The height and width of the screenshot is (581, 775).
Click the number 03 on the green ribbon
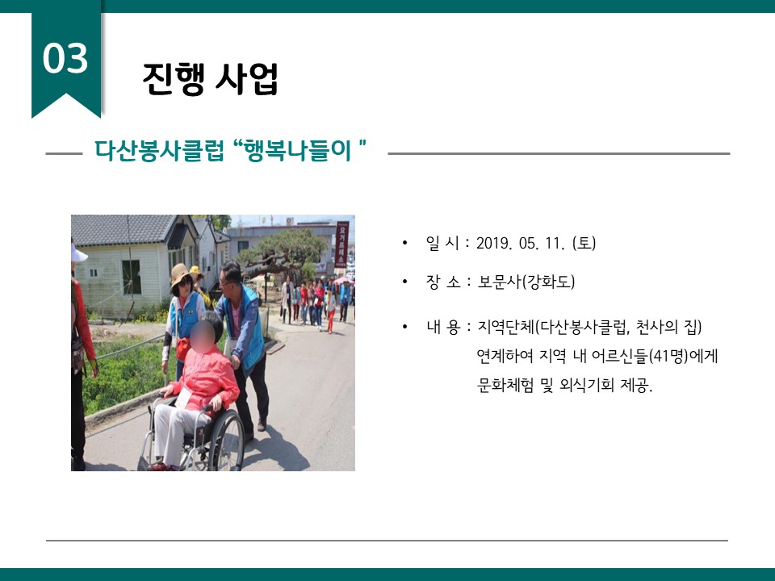(x=65, y=58)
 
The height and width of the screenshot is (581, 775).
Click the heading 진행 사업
(x=210, y=78)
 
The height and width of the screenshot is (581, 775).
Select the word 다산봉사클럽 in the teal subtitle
(x=159, y=150)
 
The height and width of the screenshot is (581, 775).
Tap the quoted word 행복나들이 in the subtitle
(x=297, y=150)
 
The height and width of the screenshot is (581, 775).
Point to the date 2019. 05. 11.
(x=521, y=243)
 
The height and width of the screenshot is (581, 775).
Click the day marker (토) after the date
(x=584, y=243)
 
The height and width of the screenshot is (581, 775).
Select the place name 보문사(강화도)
(x=526, y=282)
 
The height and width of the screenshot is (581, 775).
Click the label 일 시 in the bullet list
(x=442, y=243)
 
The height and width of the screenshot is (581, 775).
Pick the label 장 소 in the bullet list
(x=443, y=282)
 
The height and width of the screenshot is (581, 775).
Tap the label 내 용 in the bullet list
(x=443, y=327)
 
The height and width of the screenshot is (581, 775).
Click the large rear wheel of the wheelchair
(x=226, y=441)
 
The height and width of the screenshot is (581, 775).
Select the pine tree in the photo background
(x=283, y=252)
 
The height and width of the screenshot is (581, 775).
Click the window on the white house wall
(x=132, y=277)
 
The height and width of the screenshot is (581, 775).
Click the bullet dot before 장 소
(x=405, y=282)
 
